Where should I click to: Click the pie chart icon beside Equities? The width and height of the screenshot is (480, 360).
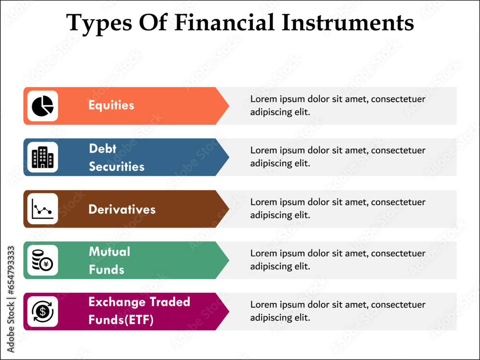coord(43,106)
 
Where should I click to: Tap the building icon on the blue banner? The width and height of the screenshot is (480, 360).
coord(43,157)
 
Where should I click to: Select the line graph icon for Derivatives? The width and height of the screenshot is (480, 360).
coord(43,209)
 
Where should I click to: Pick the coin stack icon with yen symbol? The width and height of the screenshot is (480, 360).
coord(43,260)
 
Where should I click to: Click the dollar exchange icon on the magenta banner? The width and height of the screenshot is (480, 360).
coord(43,312)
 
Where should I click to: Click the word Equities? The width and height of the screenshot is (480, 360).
coord(111,105)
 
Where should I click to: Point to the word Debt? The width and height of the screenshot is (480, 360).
coord(103,149)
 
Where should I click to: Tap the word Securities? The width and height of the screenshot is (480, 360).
coord(117,167)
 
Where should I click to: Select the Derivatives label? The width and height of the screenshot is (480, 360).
coord(122,210)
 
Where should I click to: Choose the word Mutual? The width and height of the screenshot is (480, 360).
coord(109,252)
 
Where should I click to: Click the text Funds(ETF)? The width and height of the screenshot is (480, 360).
coord(121,320)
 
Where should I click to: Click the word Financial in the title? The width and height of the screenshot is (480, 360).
coord(224,23)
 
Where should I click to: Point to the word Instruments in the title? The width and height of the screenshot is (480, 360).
coord(348,23)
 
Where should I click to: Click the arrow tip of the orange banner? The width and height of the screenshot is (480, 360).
coord(229,106)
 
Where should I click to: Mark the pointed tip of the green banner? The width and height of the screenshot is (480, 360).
coord(229,260)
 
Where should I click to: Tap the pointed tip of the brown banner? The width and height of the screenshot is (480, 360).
coord(229,209)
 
